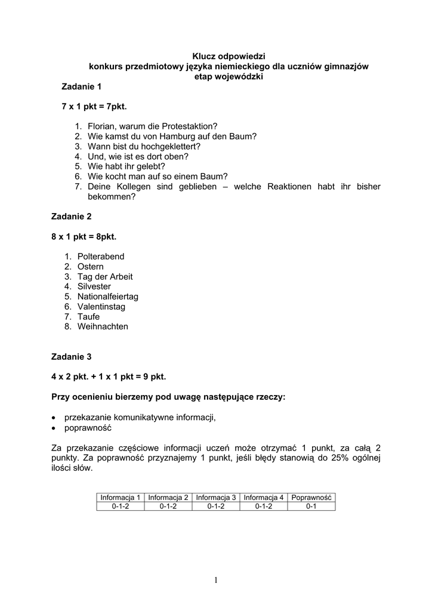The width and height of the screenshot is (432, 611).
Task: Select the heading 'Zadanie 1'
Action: (82, 87)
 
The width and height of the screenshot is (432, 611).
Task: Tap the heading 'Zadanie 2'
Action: (72, 217)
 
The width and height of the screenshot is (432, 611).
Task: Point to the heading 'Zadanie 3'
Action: (72, 357)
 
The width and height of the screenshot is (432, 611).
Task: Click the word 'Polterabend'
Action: (101, 257)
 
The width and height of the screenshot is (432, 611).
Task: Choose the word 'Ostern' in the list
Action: (91, 267)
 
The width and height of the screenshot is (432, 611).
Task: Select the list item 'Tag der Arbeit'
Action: (105, 277)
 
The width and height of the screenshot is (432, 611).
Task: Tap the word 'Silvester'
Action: (94, 286)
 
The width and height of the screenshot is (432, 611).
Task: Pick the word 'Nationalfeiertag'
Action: (108, 297)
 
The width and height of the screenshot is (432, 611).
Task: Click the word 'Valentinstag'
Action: (101, 307)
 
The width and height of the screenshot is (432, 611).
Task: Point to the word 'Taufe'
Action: (88, 317)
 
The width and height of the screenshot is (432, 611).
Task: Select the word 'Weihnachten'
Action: (103, 327)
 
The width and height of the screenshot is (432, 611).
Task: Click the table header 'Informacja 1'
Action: (121, 498)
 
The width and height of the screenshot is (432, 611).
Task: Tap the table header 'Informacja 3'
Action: (216, 498)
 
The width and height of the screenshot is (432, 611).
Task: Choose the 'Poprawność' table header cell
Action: (311, 498)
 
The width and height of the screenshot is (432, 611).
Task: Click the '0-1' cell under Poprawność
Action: (311, 507)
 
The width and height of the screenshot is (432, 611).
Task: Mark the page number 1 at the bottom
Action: (215, 580)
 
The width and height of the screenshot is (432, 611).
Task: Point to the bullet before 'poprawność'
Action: (54, 428)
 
